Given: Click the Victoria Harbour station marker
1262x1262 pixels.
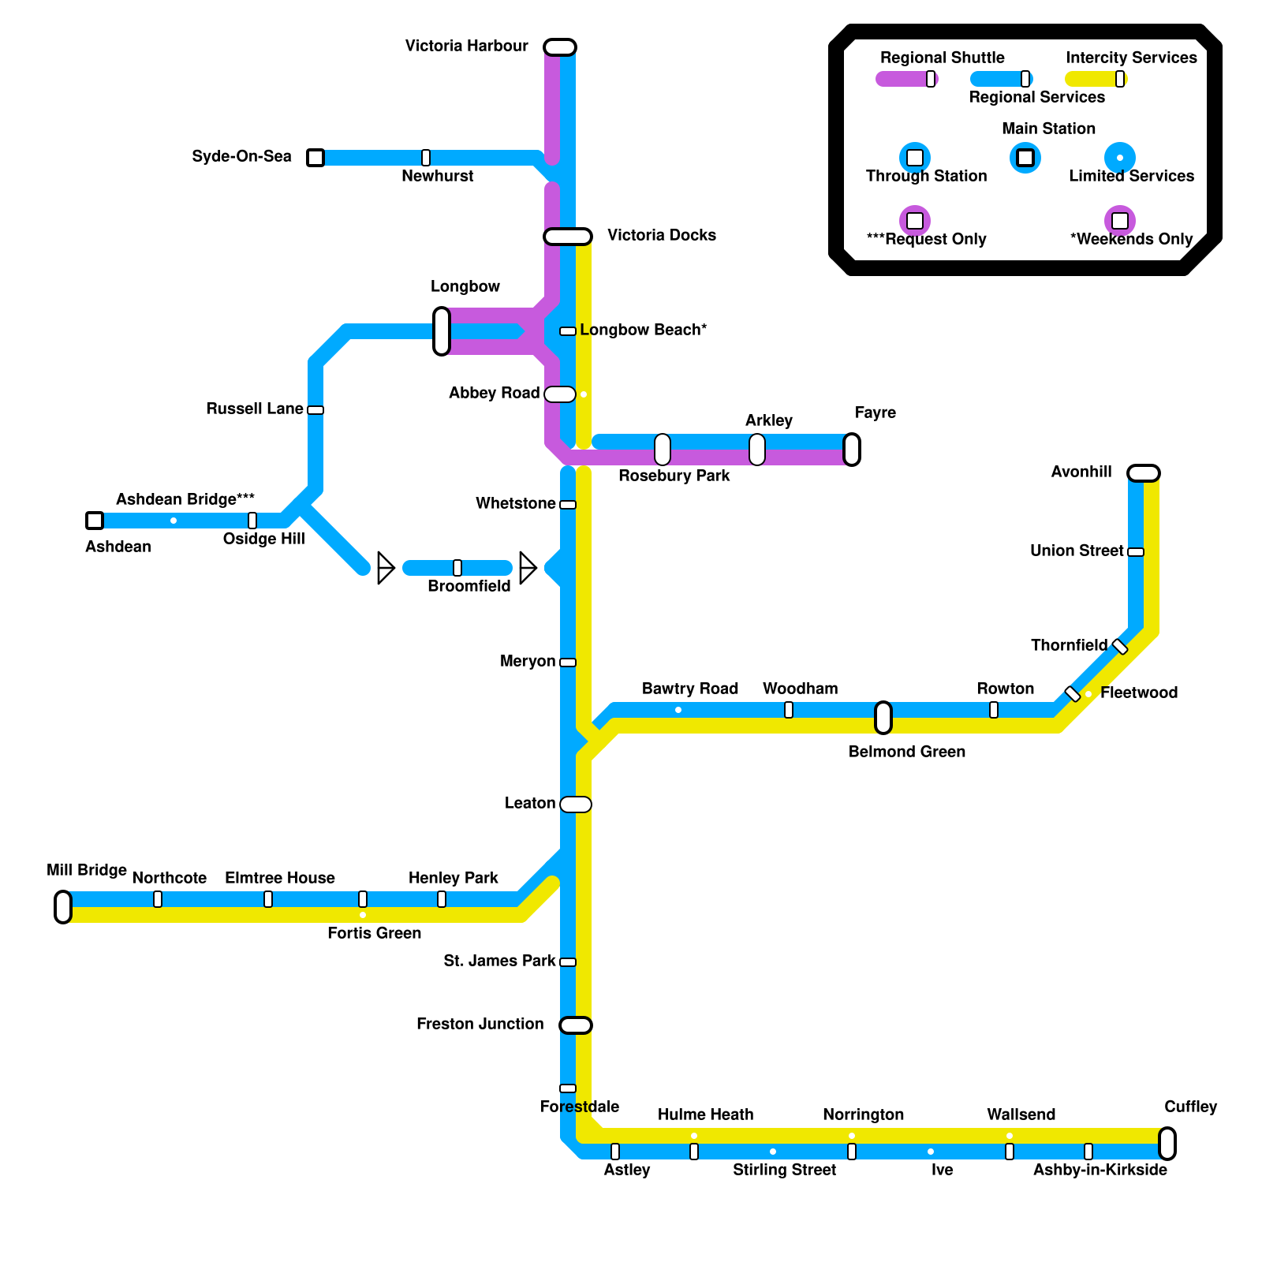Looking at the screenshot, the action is pyautogui.click(x=560, y=47).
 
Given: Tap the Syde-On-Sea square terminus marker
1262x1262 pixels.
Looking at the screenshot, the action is pyautogui.click(x=315, y=158).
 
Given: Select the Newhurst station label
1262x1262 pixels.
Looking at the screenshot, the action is pyautogui.click(x=437, y=176).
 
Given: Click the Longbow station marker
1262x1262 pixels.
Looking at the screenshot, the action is pyautogui.click(x=442, y=331).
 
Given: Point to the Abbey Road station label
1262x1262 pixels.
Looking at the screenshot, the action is pyautogui.click(x=494, y=393).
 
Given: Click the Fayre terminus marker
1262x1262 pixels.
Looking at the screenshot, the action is pyautogui.click(x=852, y=450).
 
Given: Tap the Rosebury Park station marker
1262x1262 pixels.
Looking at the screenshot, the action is pyautogui.click(x=663, y=450).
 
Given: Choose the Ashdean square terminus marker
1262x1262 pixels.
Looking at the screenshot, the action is pyautogui.click(x=95, y=521).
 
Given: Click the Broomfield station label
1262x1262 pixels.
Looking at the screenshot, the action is pyautogui.click(x=469, y=586).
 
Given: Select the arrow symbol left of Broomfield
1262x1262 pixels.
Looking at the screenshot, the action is pyautogui.click(x=385, y=568).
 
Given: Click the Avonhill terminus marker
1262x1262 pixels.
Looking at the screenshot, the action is pyautogui.click(x=1144, y=473).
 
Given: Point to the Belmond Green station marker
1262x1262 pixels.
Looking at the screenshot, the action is pyautogui.click(x=883, y=718).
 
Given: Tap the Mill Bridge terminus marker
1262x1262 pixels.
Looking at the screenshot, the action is pyautogui.click(x=63, y=907).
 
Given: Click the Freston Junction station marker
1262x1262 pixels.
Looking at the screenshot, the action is pyautogui.click(x=576, y=1025).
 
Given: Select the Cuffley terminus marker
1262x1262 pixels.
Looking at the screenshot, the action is pyautogui.click(x=1167, y=1144).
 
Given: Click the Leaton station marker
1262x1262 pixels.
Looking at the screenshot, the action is pyautogui.click(x=576, y=805).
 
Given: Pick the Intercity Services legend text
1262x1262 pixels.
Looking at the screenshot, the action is pyautogui.click(x=1130, y=58).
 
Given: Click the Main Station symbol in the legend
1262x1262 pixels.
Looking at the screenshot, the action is pyautogui.click(x=1025, y=158).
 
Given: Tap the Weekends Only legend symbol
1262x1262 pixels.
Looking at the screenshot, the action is pyautogui.click(x=1120, y=221).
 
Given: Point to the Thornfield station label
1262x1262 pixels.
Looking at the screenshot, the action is pyautogui.click(x=1069, y=645).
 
